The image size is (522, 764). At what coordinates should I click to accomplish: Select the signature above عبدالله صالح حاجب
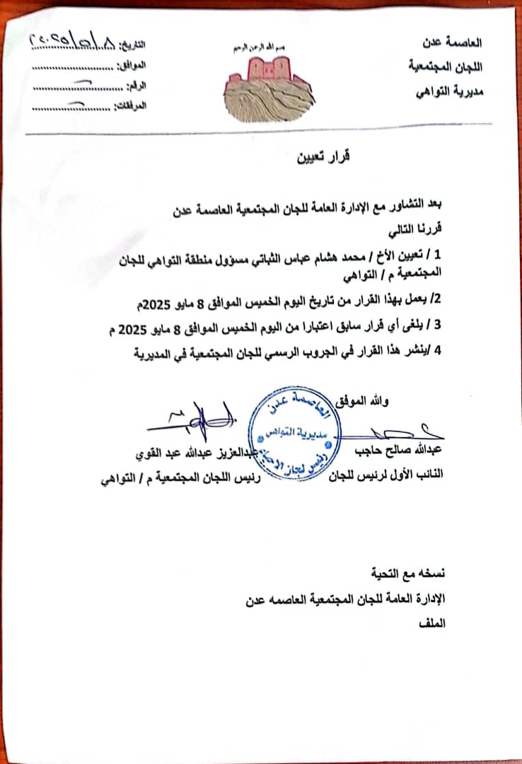[x=410, y=428]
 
